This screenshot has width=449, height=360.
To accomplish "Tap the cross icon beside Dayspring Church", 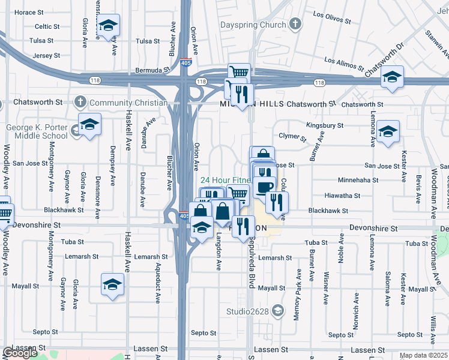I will pos(295,24).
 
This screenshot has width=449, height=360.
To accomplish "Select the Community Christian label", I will pos(128,103).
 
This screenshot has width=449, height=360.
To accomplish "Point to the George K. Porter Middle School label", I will pos(37,131).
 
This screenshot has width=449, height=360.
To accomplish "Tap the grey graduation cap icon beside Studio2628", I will pos(277,310).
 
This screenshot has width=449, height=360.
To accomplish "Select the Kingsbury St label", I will pos(324,126).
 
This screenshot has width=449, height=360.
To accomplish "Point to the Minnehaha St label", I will pos(358,179).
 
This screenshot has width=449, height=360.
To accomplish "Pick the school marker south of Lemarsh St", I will pos(112,284).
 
